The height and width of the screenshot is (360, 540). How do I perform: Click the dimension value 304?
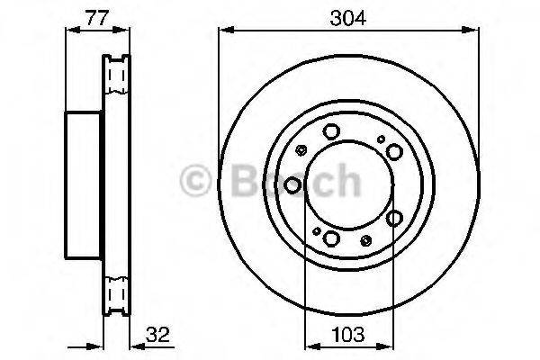[347, 18]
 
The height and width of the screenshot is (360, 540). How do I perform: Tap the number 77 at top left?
[97, 18]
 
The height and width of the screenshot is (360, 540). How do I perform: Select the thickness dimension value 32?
[157, 335]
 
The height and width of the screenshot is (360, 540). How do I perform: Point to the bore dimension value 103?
[347, 335]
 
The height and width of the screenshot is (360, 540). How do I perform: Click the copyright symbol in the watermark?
[195, 181]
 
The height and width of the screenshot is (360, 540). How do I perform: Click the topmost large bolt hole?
[331, 131]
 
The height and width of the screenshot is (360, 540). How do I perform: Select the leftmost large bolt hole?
[292, 185]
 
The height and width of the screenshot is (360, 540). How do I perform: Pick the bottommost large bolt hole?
[331, 238]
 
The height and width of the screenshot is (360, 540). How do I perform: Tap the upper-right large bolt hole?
[394, 152]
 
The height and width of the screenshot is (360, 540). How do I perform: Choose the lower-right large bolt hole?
[394, 218]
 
